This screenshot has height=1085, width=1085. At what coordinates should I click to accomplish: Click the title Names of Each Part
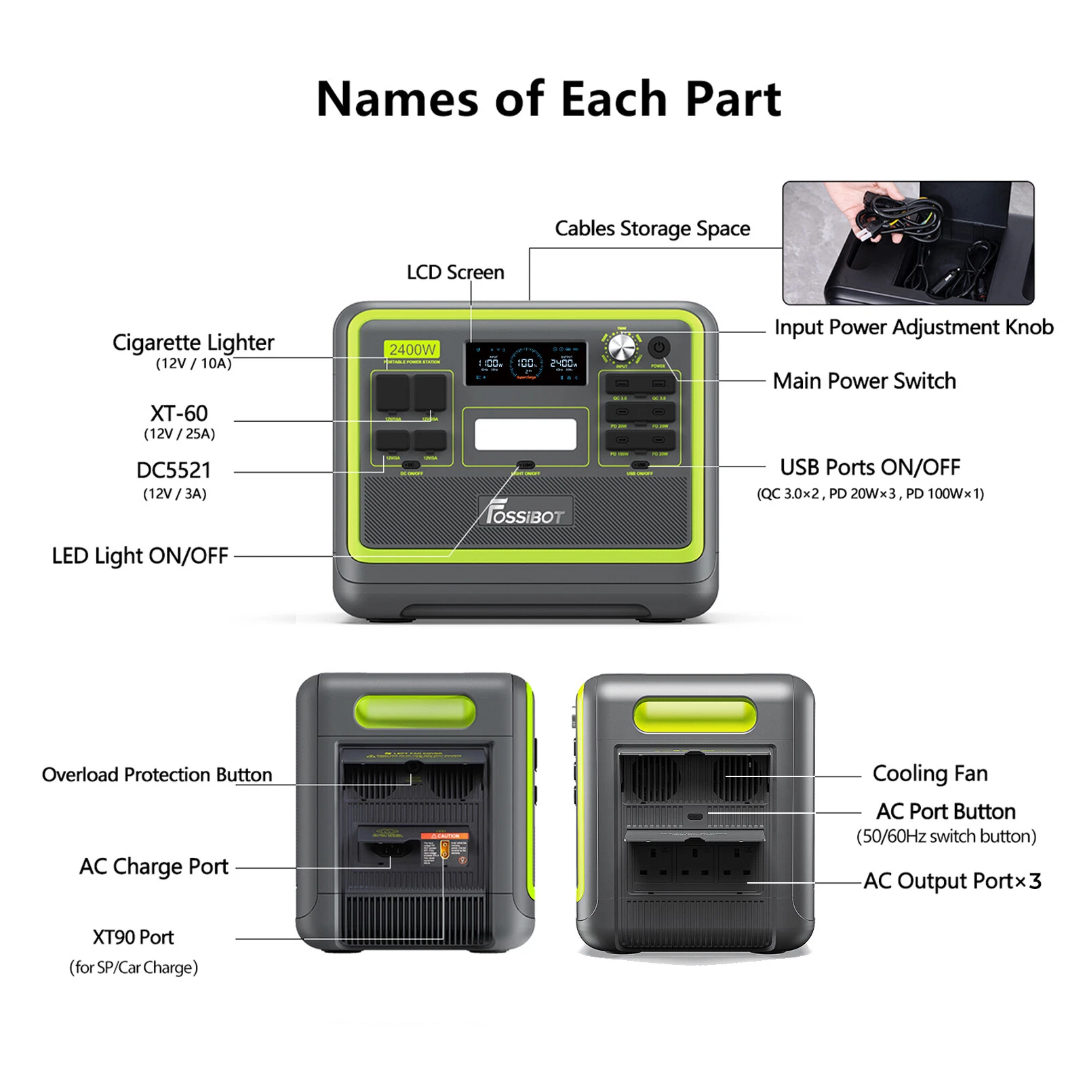click(x=548, y=99)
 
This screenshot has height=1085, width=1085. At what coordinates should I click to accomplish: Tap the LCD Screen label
click(x=455, y=273)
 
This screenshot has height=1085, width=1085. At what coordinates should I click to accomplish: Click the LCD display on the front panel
click(x=526, y=363)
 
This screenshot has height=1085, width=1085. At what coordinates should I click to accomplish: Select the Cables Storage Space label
click(x=652, y=229)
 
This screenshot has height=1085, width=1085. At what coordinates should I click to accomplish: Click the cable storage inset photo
click(x=908, y=243)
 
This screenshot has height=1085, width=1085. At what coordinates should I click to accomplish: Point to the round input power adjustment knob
click(x=622, y=349)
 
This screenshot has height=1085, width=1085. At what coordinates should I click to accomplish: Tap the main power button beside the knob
click(x=658, y=347)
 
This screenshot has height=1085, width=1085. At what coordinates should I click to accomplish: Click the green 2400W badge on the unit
click(x=412, y=349)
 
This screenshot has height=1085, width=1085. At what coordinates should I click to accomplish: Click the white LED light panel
click(x=526, y=434)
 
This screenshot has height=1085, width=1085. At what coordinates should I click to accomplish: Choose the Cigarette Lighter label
click(x=193, y=343)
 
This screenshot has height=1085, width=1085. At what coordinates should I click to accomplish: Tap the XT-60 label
click(x=179, y=414)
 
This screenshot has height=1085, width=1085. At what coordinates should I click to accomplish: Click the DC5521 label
click(x=174, y=471)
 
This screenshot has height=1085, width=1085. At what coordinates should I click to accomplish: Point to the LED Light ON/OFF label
click(x=140, y=556)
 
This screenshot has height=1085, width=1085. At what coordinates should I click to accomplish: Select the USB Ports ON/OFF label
click(x=870, y=467)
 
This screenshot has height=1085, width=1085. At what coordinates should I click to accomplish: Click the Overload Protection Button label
click(x=157, y=774)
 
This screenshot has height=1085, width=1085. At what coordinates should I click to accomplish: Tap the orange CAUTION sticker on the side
click(x=445, y=836)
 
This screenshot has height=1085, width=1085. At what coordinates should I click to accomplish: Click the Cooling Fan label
click(x=930, y=774)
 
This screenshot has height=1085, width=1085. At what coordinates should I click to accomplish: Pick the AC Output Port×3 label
click(x=952, y=881)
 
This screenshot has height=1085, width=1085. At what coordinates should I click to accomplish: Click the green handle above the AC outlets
click(x=694, y=716)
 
